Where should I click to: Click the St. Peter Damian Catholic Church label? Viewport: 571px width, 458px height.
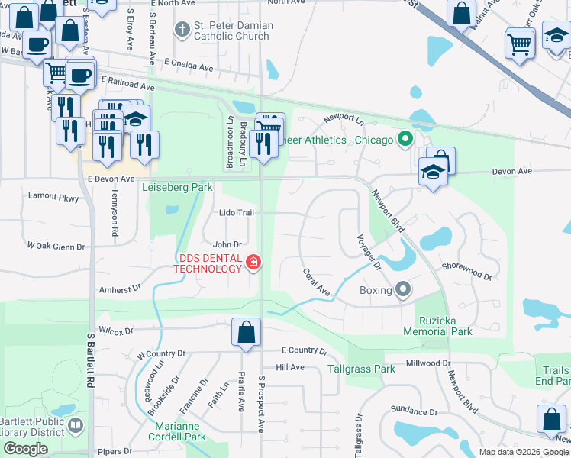(x=233, y=31)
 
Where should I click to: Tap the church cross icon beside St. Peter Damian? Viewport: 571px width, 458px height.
(x=182, y=31)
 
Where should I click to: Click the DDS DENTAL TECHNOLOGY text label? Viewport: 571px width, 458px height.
(x=208, y=263)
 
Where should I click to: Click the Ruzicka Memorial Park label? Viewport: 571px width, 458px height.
(x=444, y=326)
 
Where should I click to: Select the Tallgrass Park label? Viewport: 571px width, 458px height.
(x=361, y=369)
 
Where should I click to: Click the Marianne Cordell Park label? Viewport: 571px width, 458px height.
(x=180, y=432)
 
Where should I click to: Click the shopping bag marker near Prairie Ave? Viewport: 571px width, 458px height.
(x=246, y=333)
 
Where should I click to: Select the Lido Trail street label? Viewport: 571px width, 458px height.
(x=236, y=213)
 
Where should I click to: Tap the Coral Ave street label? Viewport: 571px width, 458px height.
(x=315, y=282)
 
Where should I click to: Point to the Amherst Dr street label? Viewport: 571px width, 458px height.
(x=121, y=289)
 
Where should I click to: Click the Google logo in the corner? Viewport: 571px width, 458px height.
(x=24, y=449)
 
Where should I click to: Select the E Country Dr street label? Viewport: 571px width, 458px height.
(x=304, y=351)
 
